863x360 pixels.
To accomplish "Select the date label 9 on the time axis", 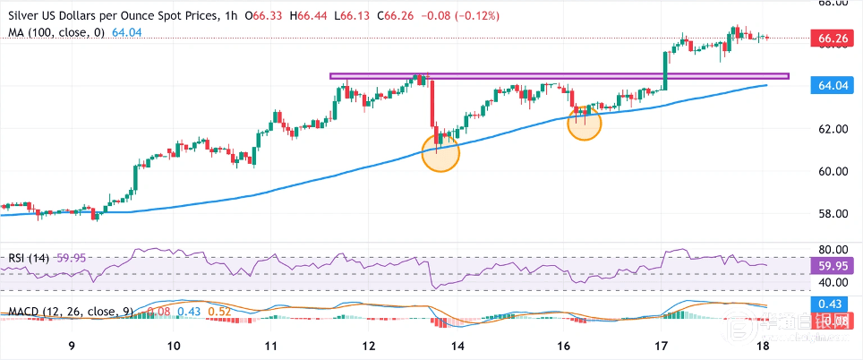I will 72,346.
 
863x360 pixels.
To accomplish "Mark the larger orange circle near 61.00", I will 440,153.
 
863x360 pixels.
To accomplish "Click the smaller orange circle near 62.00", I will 585,124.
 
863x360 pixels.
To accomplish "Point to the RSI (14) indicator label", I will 28,258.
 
